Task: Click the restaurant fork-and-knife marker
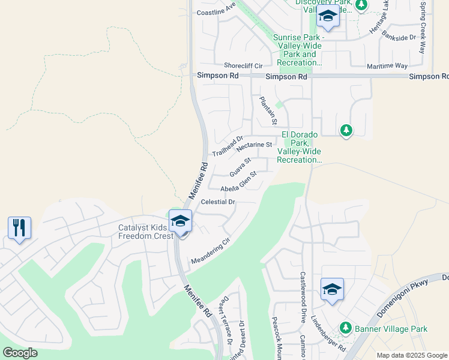tap(19, 228)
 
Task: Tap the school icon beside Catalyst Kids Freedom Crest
tap(179, 221)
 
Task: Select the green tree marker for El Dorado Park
tap(346, 130)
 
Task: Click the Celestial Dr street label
tap(218, 202)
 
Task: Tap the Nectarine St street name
tap(255, 146)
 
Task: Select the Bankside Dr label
tap(401, 37)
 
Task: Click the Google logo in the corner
tap(20, 353)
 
